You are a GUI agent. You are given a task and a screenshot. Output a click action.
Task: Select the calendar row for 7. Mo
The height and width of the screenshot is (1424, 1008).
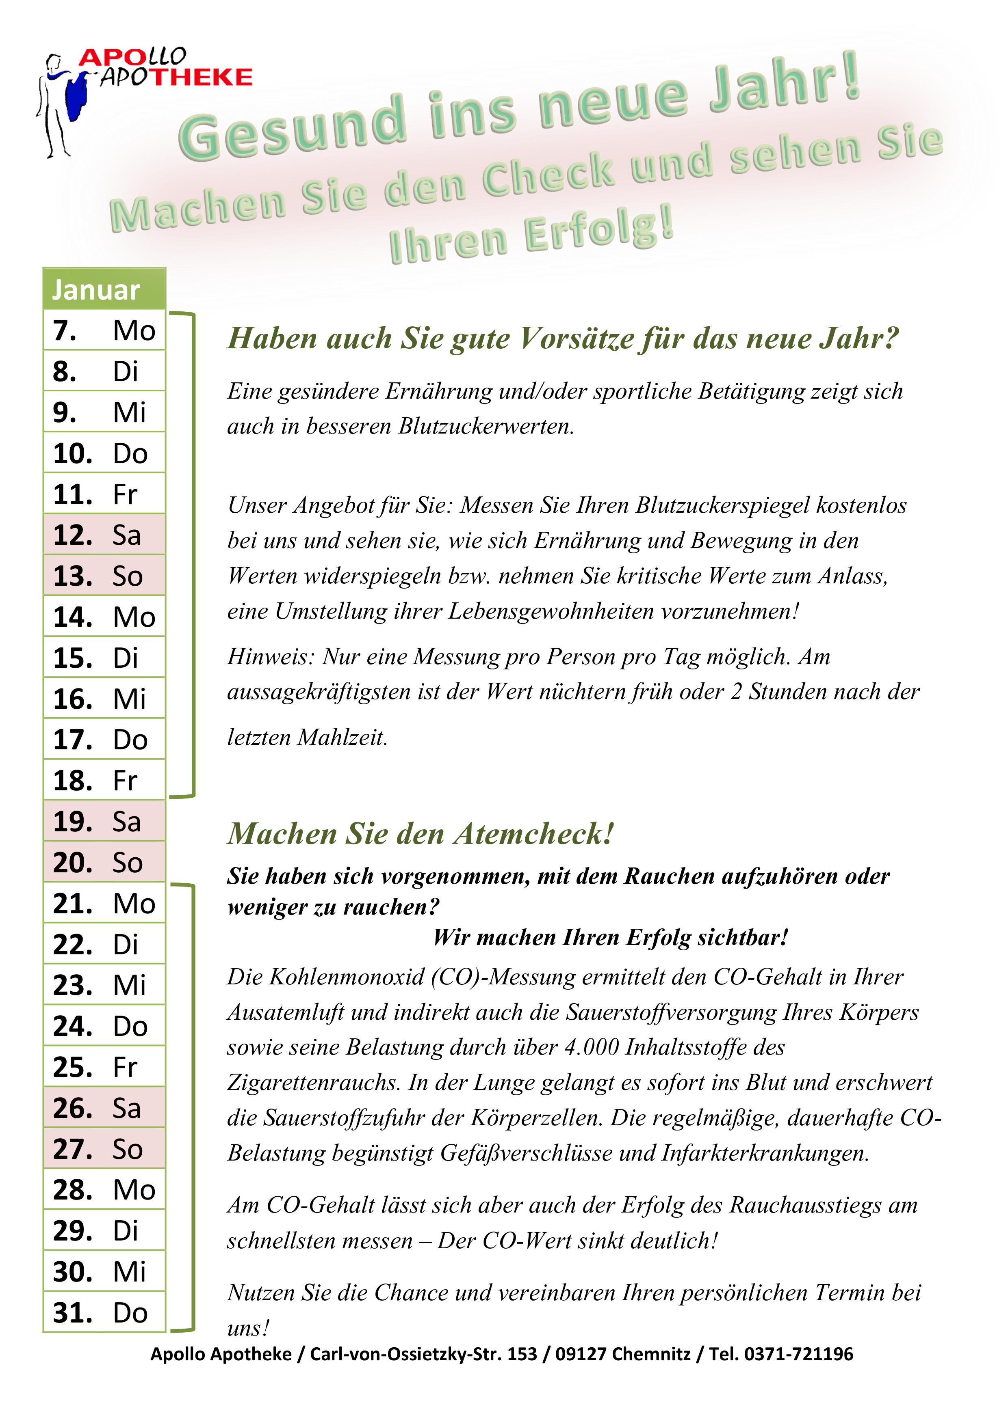point(104,330)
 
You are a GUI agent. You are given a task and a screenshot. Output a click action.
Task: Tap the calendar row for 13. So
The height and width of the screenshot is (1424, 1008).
point(104,576)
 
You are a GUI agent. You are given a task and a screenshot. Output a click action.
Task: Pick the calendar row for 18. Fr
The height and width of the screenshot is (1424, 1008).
point(104,780)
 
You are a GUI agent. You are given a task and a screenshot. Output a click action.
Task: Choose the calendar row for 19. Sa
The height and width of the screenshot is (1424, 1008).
point(104,821)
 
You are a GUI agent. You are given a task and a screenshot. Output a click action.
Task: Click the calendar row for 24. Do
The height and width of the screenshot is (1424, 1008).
point(104,1026)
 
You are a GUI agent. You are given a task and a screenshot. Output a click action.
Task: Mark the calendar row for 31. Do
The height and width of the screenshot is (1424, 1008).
point(104,1312)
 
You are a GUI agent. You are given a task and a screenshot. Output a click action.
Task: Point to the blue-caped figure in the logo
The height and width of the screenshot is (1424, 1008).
point(62,102)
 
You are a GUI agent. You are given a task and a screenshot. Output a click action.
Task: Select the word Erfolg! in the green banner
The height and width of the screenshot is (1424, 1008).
point(599,233)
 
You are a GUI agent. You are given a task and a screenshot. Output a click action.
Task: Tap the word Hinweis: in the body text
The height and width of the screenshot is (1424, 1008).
point(271,656)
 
